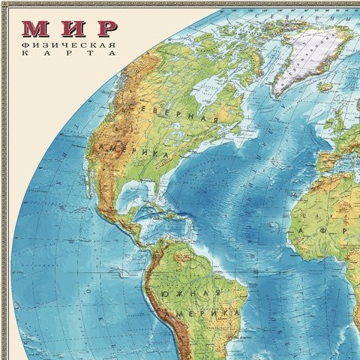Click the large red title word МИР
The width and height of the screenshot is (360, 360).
pyautogui.click(x=70, y=28)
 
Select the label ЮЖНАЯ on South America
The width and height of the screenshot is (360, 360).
pyautogui.click(x=196, y=293)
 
